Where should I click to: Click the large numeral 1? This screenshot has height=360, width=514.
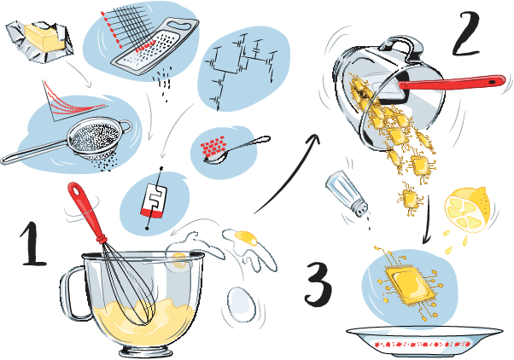(x=33, y=243)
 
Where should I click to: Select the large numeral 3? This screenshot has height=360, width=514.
(x=318, y=284)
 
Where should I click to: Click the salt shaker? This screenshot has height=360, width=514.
(x=348, y=194)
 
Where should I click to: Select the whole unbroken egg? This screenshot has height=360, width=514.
(x=242, y=304)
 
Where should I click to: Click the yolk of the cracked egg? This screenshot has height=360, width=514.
(x=246, y=238)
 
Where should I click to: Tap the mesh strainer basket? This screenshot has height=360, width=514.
(x=93, y=138)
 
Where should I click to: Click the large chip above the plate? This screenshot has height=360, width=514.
(x=409, y=284)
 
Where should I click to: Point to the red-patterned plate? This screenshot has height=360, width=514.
(x=424, y=340)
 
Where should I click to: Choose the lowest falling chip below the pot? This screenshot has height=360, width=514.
(x=411, y=198)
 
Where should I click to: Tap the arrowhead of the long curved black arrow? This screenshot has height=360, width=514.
(x=314, y=140)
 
